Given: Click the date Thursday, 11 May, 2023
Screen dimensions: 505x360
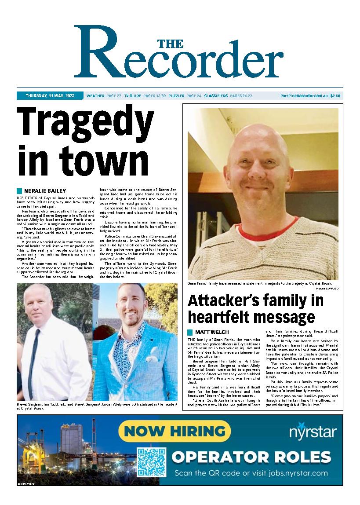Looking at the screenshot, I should tap(50, 95).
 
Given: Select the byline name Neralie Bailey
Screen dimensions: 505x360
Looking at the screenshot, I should tap(45, 191).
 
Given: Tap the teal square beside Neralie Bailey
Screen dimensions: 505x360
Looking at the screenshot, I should tap(19, 191).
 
